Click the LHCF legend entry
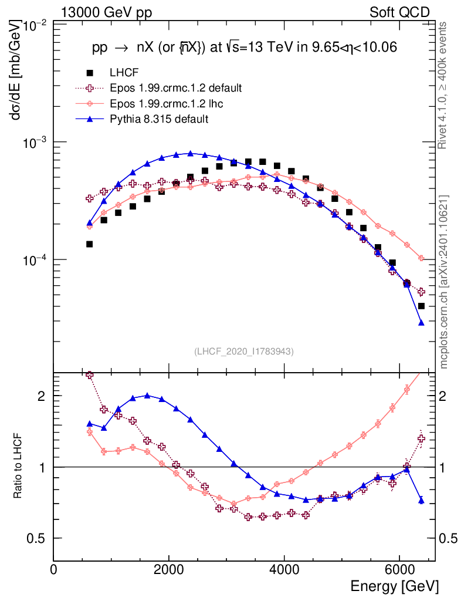tap(123, 73)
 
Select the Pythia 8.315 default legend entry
tap(159, 119)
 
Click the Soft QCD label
tap(399, 12)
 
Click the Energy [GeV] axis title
tap(394, 586)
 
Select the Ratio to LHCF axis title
tap(19, 467)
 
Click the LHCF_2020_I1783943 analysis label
tap(243, 351)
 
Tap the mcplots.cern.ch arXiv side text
tap(445, 282)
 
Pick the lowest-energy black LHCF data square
tap(89, 244)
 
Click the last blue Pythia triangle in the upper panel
tap(421, 322)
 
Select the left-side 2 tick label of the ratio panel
tap(41, 396)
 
